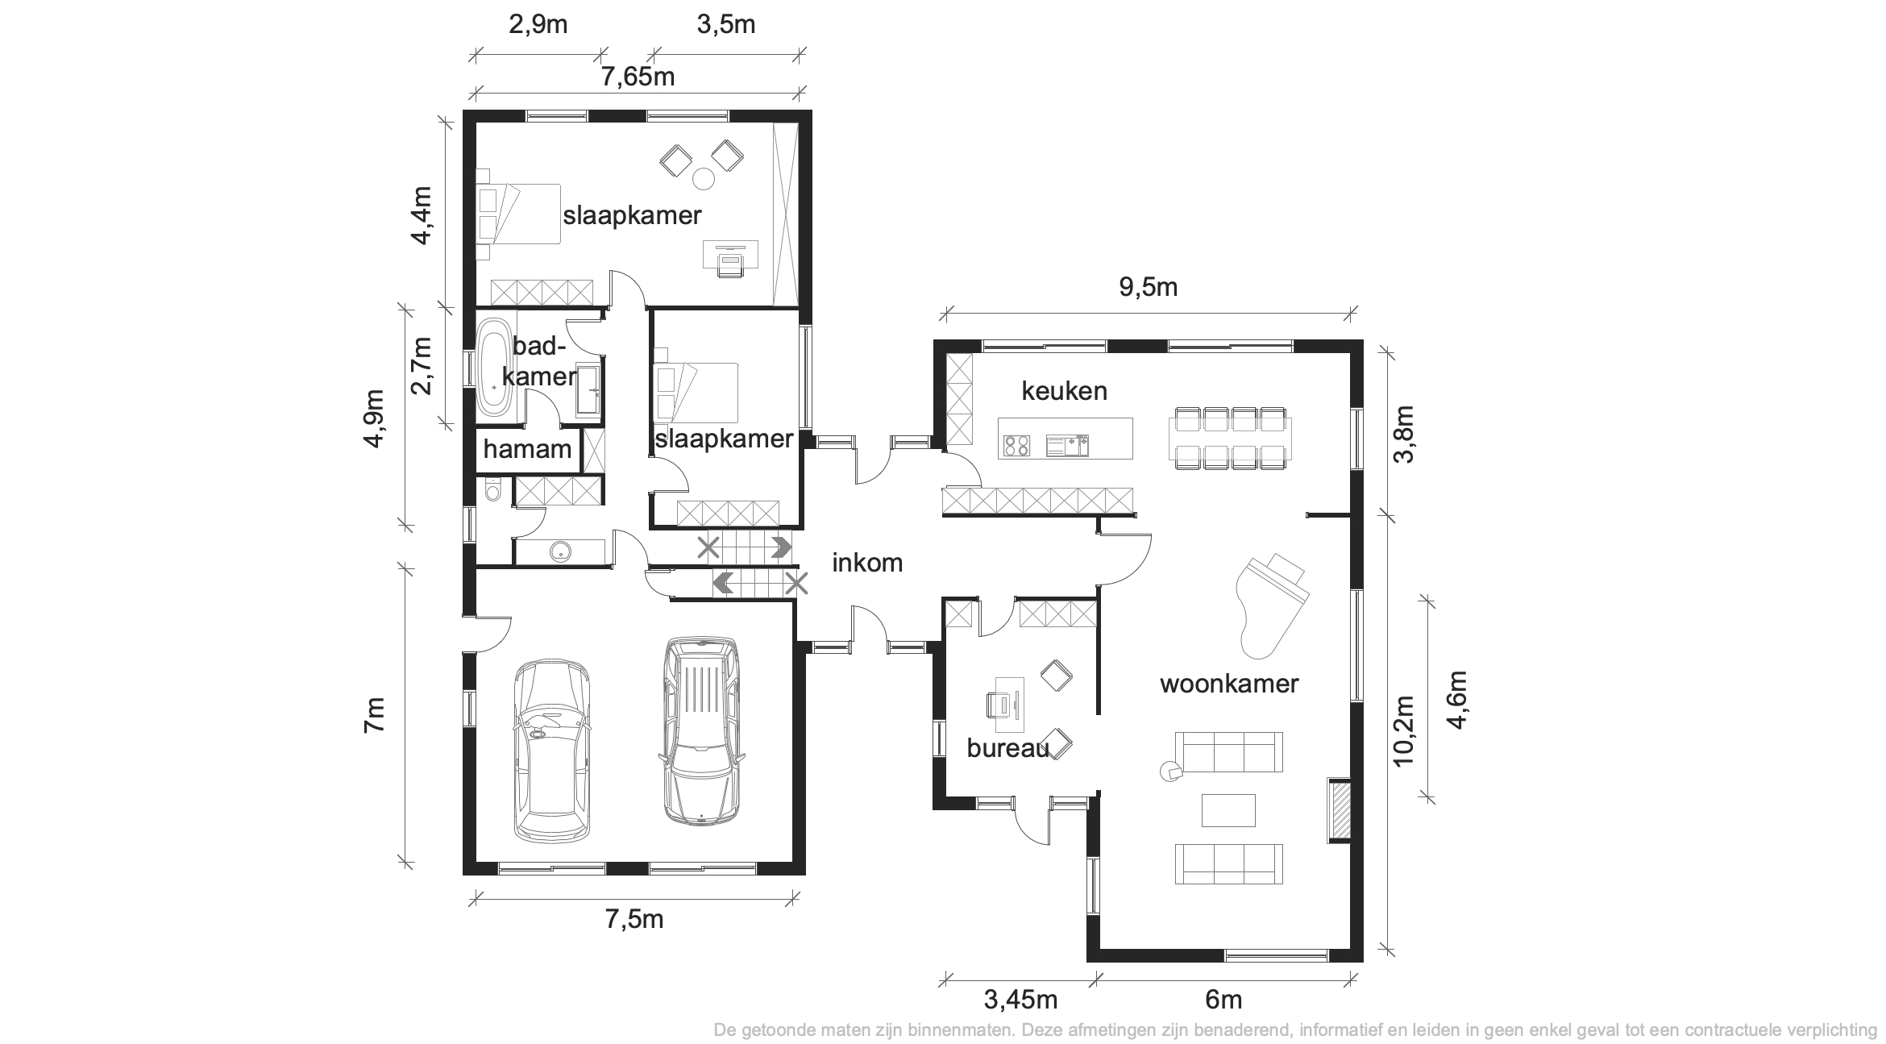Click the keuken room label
pos(1064,391)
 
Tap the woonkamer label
pos(1229,684)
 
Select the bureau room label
pos(1007,748)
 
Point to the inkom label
pos(867,563)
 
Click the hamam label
pos(527,449)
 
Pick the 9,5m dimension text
pos(1149,287)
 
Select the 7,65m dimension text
pos(638,77)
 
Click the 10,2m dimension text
pos(1403,730)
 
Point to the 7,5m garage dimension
pos(634,918)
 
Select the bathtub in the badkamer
pos(492,367)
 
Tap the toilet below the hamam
pos(492,489)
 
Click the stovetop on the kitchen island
pos(1016,445)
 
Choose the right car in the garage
pos(700,730)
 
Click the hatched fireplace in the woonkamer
pos(1340,811)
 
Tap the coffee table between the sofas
pos(1228,810)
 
